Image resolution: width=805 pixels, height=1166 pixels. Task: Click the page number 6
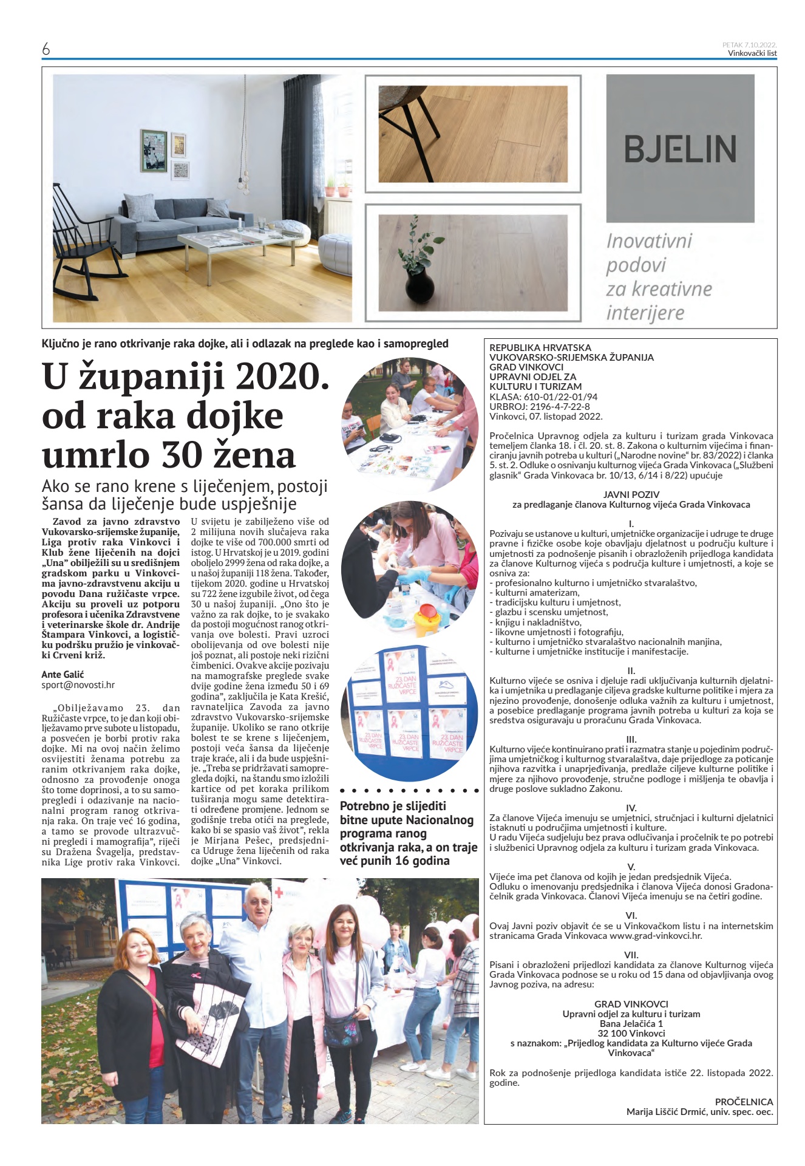coord(46,49)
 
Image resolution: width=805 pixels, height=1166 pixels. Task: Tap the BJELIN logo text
coord(680,149)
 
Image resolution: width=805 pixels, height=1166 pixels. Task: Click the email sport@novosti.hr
coord(78,684)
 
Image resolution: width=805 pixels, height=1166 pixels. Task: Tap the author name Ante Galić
coord(63,674)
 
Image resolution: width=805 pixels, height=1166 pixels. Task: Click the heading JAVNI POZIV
coord(631,494)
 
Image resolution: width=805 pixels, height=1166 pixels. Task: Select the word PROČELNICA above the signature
coord(744,1102)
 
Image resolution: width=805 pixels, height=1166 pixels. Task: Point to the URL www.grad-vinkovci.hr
coord(655,936)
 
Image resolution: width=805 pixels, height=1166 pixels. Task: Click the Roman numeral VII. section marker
coord(631,955)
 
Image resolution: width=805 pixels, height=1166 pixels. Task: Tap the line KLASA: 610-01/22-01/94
coord(543,397)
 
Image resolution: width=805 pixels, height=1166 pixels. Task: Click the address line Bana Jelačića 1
coord(631,1023)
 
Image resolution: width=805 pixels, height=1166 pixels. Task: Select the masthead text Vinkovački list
coord(752,53)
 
